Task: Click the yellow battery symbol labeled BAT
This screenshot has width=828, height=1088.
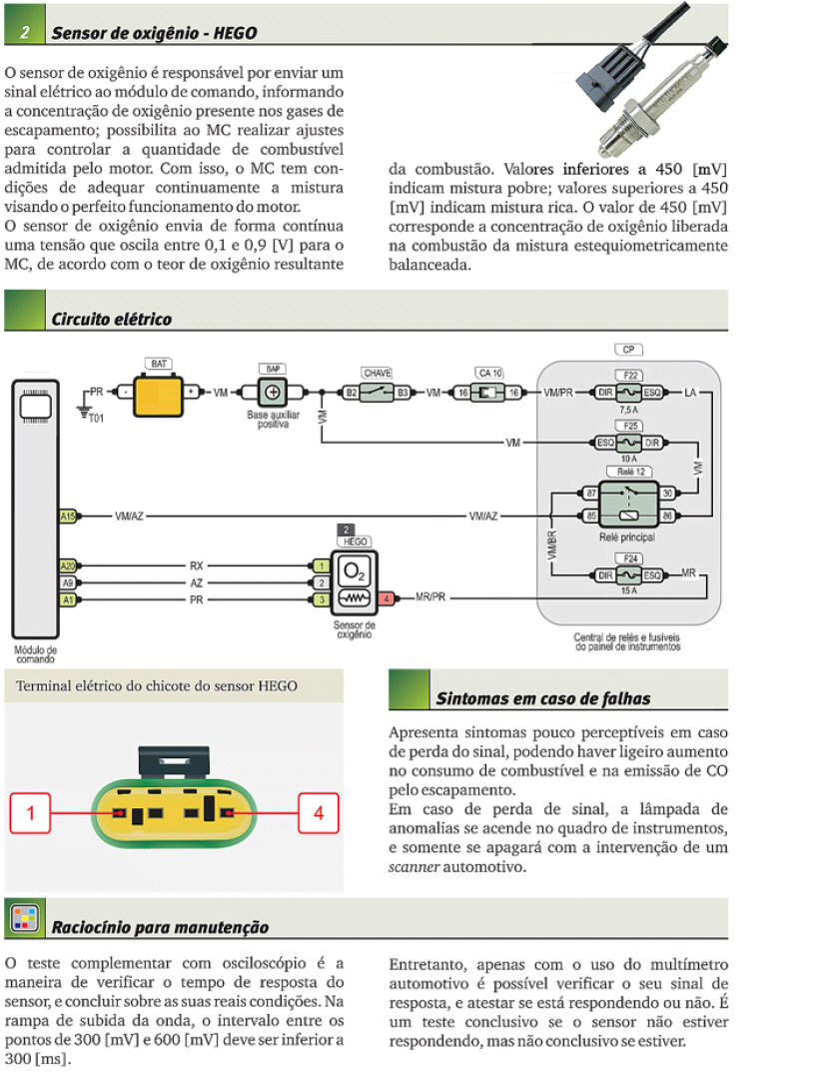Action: pyautogui.click(x=159, y=393)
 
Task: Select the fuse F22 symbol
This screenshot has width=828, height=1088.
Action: pyautogui.click(x=629, y=393)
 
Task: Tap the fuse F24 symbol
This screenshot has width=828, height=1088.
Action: pyautogui.click(x=629, y=574)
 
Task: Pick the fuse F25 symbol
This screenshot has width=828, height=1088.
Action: pyautogui.click(x=629, y=442)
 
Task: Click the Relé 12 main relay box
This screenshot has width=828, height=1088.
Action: pyautogui.click(x=629, y=500)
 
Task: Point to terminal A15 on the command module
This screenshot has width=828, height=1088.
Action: pyautogui.click(x=68, y=516)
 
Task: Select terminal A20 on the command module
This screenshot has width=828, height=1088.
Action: pyautogui.click(x=68, y=564)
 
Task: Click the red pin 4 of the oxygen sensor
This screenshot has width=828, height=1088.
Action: pyautogui.click(x=388, y=599)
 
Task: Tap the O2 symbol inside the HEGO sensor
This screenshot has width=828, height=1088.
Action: pyautogui.click(x=354, y=570)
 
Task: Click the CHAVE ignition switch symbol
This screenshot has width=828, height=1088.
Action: pyautogui.click(x=377, y=393)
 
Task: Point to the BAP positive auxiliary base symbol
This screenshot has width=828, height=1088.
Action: pyautogui.click(x=272, y=393)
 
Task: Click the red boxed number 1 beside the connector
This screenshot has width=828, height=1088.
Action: pyautogui.click(x=31, y=813)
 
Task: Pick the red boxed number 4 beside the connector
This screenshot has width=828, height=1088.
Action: pyautogui.click(x=319, y=813)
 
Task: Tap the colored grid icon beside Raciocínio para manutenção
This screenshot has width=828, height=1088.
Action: pyautogui.click(x=24, y=917)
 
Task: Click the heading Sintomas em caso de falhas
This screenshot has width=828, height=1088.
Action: pyautogui.click(x=542, y=698)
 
